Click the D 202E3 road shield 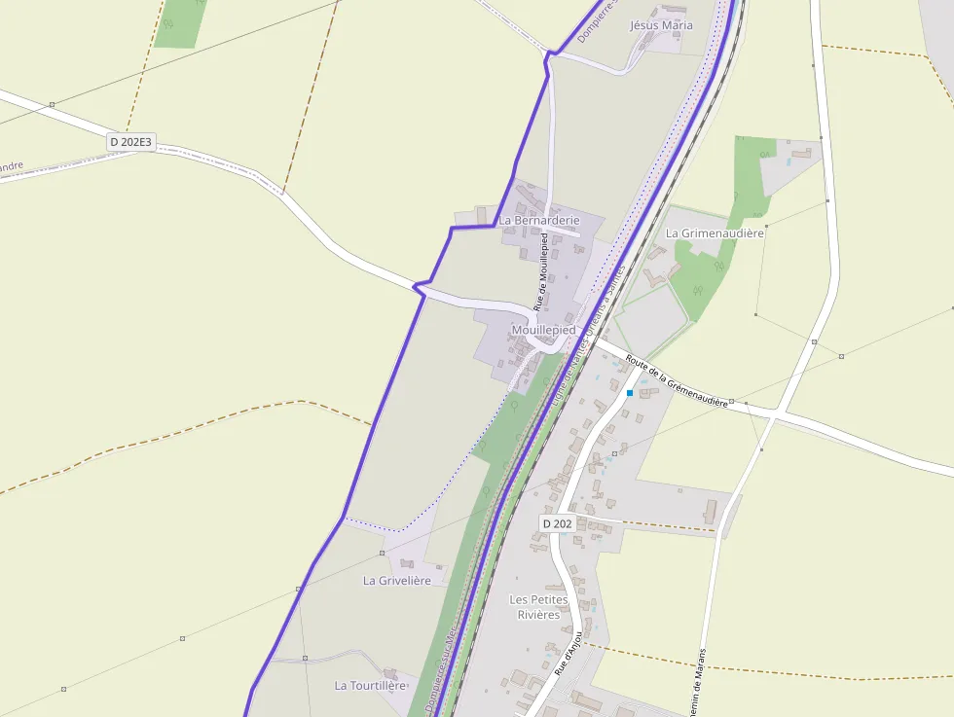(x=130, y=142)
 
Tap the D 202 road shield (x=557, y=523)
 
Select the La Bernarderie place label (x=539, y=221)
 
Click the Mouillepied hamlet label (x=543, y=331)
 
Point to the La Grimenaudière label (x=715, y=233)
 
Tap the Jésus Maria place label (x=662, y=25)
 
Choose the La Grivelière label (x=396, y=581)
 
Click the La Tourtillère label (x=369, y=686)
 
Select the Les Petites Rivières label (x=538, y=607)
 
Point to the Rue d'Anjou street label (x=569, y=654)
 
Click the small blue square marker (x=630, y=393)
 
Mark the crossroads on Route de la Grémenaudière (x=772, y=415)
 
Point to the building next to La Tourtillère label (x=391, y=673)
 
